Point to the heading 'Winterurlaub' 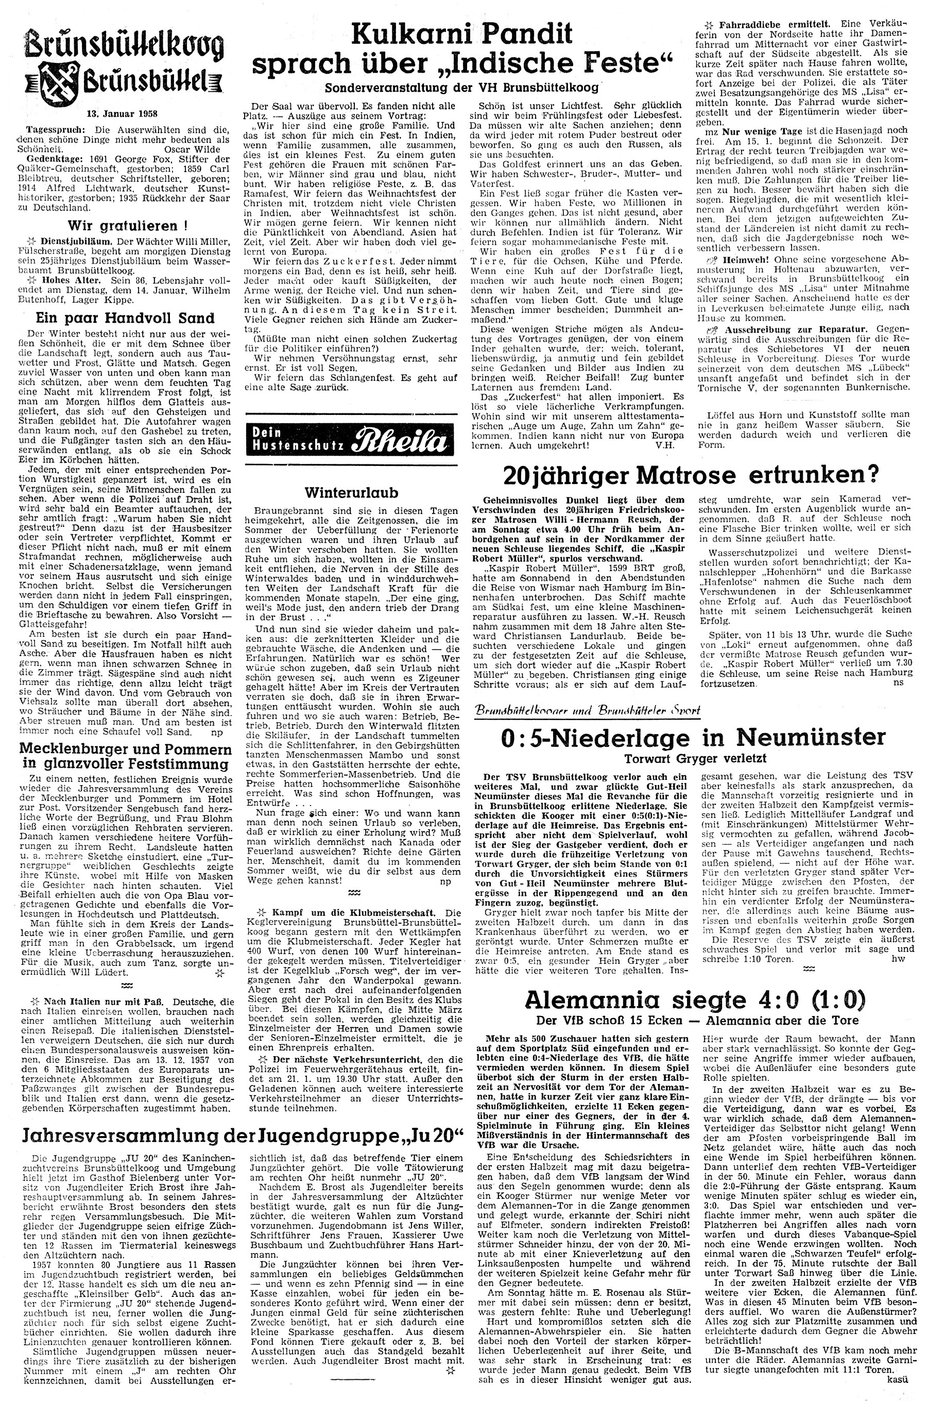tap(352, 492)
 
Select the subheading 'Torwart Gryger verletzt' tap(695, 758)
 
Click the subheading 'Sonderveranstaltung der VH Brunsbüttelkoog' tap(462, 88)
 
